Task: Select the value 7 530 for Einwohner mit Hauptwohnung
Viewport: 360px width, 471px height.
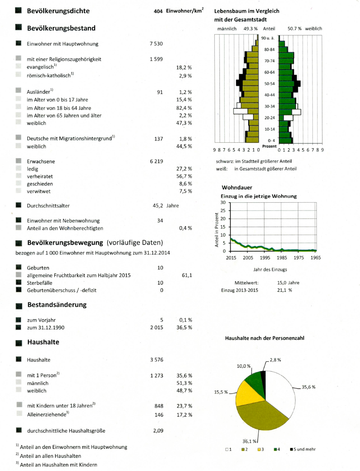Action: pyautogui.click(x=156, y=44)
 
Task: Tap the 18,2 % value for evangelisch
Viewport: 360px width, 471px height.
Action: pyautogui.click(x=184, y=68)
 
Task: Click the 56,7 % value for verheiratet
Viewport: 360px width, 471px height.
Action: pyautogui.click(x=184, y=176)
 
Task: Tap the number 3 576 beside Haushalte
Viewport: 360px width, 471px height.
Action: pyautogui.click(x=156, y=360)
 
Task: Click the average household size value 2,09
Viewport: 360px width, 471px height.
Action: pyautogui.click(x=158, y=431)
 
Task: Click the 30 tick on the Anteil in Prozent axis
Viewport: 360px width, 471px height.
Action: pyautogui.click(x=223, y=202)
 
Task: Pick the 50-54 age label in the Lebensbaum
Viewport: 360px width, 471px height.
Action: pyautogui.click(x=269, y=83)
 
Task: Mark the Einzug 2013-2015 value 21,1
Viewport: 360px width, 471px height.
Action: pyautogui.click(x=284, y=290)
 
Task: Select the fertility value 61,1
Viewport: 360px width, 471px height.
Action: pyautogui.click(x=186, y=275)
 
